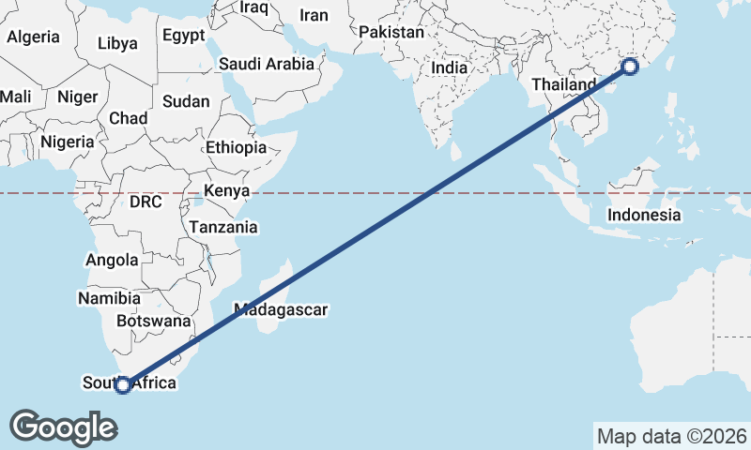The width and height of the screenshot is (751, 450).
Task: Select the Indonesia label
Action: (644, 215)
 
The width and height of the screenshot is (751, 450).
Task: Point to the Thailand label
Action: (563, 84)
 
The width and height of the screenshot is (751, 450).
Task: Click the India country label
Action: (450, 67)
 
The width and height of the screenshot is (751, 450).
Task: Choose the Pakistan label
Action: (391, 32)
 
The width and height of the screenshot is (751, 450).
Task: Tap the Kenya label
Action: (226, 191)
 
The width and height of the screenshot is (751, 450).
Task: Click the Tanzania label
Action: (223, 227)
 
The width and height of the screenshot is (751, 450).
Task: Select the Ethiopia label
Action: (237, 147)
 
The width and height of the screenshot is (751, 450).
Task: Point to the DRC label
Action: (146, 202)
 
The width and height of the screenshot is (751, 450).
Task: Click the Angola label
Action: (112, 260)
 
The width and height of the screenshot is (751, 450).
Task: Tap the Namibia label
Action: (110, 298)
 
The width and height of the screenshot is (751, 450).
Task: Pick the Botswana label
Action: (153, 321)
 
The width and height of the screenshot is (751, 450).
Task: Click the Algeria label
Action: (33, 37)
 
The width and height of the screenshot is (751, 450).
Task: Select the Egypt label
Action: (183, 36)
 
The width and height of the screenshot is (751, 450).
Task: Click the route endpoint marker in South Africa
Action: (122, 384)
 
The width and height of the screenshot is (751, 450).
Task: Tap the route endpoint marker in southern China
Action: (630, 67)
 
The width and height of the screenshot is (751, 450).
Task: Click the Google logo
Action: (63, 427)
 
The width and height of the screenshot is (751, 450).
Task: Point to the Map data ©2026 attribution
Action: (672, 436)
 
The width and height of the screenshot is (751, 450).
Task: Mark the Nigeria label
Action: (68, 142)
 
